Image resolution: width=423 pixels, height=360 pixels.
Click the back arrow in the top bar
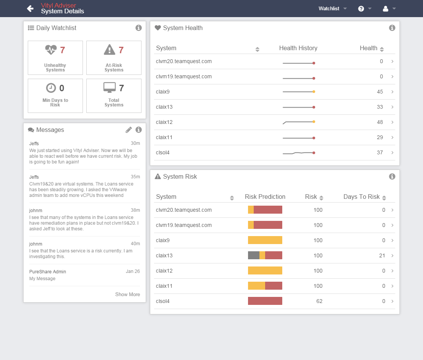click(x=30, y=8)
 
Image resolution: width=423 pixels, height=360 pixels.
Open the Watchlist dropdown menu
click(x=332, y=8)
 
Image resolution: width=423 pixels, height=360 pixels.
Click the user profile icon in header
click(x=385, y=8)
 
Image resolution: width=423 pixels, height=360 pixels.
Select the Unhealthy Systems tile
click(x=55, y=58)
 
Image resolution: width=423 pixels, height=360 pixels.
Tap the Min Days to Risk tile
click(x=55, y=96)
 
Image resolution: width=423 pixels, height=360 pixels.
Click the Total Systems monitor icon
click(x=110, y=88)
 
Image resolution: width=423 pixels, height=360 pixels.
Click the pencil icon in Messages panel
click(x=129, y=130)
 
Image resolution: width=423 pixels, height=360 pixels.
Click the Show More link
click(x=127, y=295)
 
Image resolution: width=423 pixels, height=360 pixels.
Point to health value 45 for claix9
click(x=380, y=92)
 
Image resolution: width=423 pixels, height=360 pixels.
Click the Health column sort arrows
click(x=382, y=49)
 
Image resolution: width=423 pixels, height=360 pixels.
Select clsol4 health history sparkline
click(x=299, y=153)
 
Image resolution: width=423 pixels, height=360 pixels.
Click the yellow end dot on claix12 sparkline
click(x=314, y=122)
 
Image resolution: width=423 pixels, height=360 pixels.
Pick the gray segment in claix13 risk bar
click(x=253, y=255)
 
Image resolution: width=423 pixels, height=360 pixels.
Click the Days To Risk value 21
click(x=382, y=255)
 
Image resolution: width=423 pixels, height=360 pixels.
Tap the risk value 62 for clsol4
click(x=319, y=301)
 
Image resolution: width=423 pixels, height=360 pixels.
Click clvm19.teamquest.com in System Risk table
click(x=184, y=225)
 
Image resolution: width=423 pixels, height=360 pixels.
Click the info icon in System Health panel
click(x=392, y=28)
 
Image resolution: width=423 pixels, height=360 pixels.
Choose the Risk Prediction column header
click(x=265, y=197)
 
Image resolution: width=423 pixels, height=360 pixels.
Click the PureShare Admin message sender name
click(x=48, y=272)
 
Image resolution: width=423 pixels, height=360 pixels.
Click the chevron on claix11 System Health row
click(x=392, y=138)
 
